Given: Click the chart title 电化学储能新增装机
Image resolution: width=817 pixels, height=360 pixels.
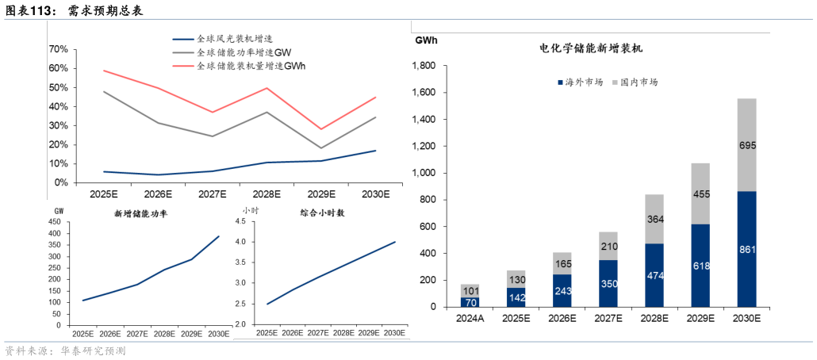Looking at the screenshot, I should coord(590,49).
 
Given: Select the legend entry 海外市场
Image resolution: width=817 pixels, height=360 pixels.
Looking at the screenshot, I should coord(583,82).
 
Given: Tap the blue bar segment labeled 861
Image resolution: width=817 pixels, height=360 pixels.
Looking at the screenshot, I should coord(747,249).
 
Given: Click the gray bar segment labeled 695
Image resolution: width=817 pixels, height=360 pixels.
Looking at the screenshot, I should coord(747,145).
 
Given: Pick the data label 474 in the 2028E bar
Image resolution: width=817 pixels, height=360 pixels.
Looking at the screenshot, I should coord(655,275).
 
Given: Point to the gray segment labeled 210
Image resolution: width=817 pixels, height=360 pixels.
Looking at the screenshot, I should coord(609,246).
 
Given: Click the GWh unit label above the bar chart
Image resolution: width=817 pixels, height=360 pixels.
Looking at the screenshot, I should coord(426,40).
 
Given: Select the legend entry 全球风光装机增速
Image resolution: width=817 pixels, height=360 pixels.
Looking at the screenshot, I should coord(234,38).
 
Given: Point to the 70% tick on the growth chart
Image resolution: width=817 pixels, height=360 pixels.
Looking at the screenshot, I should coord(58,49).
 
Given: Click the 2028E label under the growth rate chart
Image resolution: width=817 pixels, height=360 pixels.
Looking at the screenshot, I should coord(267,193).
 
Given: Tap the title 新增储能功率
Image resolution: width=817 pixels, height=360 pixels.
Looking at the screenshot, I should coord(140,213).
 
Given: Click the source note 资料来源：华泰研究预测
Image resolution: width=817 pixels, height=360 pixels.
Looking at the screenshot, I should coord(65,350).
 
